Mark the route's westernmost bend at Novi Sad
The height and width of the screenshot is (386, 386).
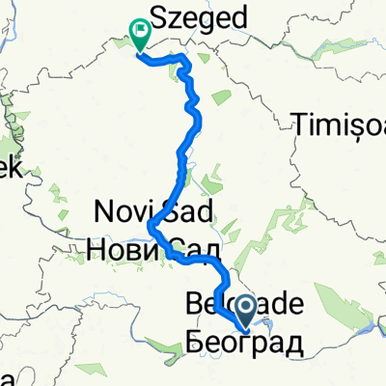point(152,228)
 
